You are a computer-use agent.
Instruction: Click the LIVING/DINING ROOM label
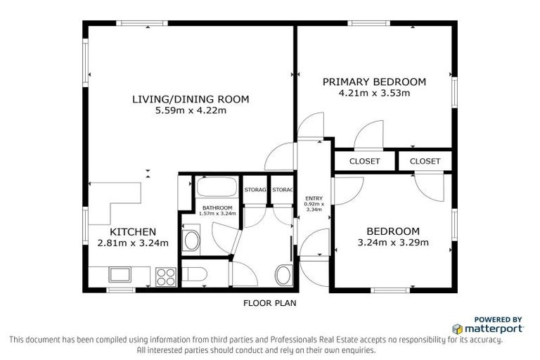click(191, 99)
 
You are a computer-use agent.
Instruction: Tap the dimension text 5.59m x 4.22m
click(191, 110)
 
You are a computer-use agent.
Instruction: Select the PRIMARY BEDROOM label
click(373, 82)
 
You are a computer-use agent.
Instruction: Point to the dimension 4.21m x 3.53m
click(373, 93)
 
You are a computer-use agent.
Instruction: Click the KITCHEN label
click(133, 232)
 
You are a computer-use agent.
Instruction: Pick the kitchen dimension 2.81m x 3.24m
click(133, 243)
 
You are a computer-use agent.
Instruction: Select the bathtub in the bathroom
click(217, 188)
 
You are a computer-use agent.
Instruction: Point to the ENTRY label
click(312, 198)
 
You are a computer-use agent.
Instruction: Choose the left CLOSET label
click(364, 161)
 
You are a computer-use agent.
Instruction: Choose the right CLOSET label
click(425, 161)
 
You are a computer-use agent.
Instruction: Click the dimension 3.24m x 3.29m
click(393, 243)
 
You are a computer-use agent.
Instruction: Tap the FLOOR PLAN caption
click(269, 304)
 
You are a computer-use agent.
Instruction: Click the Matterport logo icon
click(457, 328)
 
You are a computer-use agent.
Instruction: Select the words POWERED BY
click(498, 319)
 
